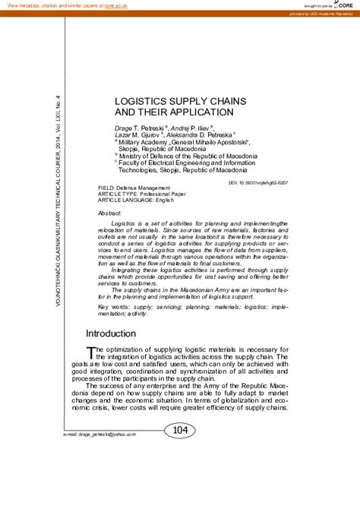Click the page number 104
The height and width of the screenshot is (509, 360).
[180, 431]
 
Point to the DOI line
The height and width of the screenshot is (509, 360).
[257, 183]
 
